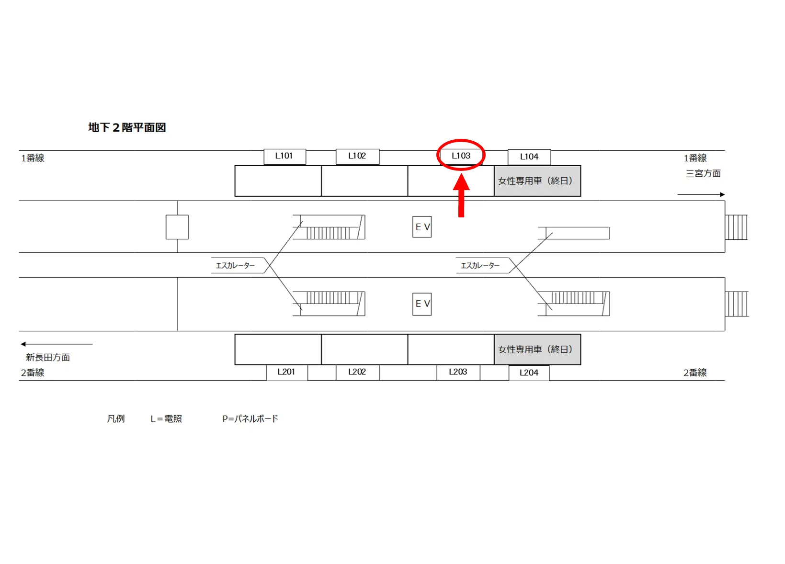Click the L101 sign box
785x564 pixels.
click(285, 157)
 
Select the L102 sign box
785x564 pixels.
click(357, 157)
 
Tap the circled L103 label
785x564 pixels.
click(461, 156)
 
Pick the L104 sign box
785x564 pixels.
click(529, 157)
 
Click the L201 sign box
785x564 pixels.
click(287, 372)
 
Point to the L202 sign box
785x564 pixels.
click(357, 372)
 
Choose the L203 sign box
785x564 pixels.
click(458, 372)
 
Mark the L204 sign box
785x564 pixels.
click(529, 373)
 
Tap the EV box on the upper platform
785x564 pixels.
click(422, 227)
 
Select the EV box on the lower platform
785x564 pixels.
click(422, 304)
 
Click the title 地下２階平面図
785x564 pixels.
click(127, 127)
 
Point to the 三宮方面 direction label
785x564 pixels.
click(703, 173)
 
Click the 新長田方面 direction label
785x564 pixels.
click(48, 357)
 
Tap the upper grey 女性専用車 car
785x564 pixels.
click(537, 181)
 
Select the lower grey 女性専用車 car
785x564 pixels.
click(537, 350)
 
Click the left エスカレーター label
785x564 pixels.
click(235, 266)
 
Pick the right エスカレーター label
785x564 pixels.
click(480, 266)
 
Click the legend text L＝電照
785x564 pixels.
click(166, 418)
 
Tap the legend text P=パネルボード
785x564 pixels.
click(250, 418)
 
